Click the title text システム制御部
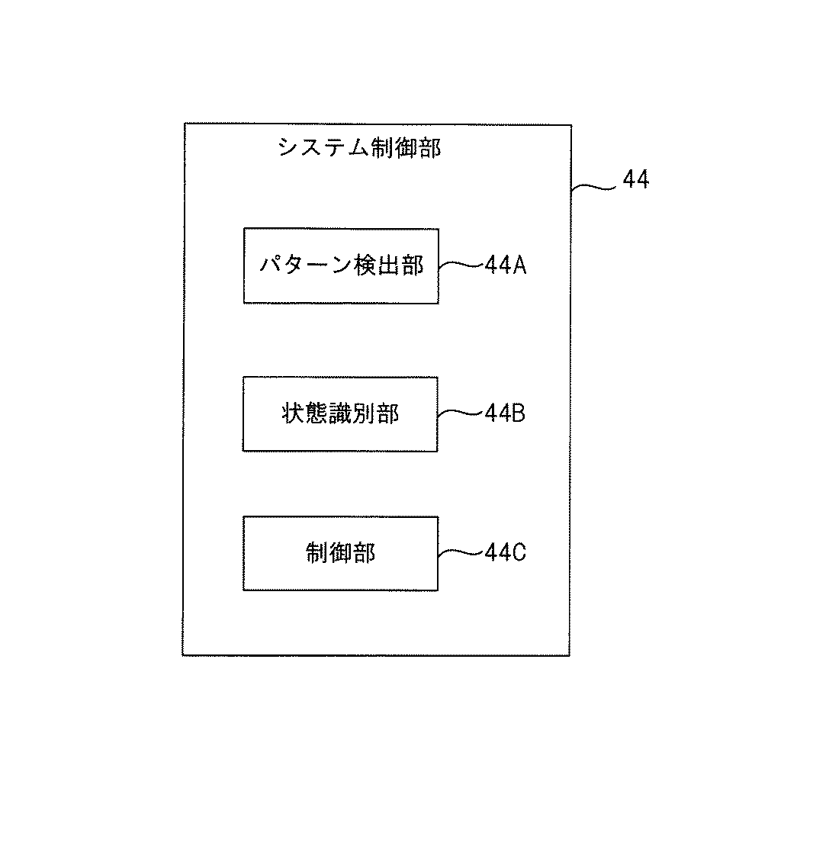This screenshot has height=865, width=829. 359,148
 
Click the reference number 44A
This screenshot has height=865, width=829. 505,265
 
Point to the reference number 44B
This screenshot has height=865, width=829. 505,413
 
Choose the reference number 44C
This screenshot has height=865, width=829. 505,552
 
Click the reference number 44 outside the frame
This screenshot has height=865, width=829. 636,179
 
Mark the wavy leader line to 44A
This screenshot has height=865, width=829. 461,265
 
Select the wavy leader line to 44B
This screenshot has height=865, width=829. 461,413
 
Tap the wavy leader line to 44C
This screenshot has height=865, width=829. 461,552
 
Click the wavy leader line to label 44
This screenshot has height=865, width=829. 593,188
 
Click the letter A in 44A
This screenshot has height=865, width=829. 519,265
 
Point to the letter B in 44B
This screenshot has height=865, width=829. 519,413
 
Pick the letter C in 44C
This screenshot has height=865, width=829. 519,552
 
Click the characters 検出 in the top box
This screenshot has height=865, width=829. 376,266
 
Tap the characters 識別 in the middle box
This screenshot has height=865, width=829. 352,413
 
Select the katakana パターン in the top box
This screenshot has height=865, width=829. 306,266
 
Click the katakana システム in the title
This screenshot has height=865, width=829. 323,148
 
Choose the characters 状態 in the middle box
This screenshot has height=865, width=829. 305,413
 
